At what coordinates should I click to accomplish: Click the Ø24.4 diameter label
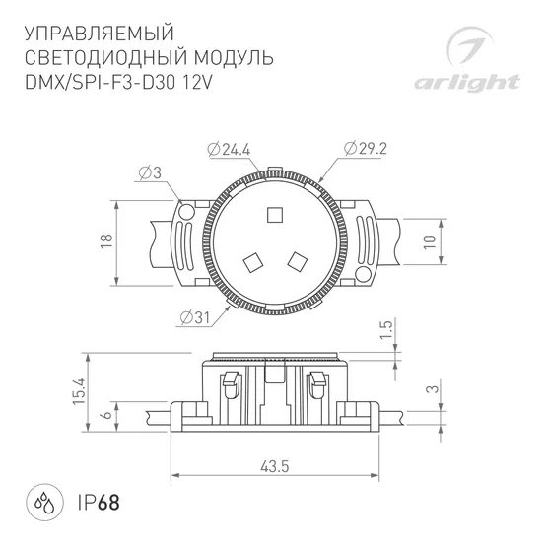(x=230, y=149)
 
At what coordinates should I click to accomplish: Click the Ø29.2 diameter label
(x=367, y=149)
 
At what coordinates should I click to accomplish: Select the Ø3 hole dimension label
(x=151, y=172)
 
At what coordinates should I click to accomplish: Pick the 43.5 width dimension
(x=273, y=466)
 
